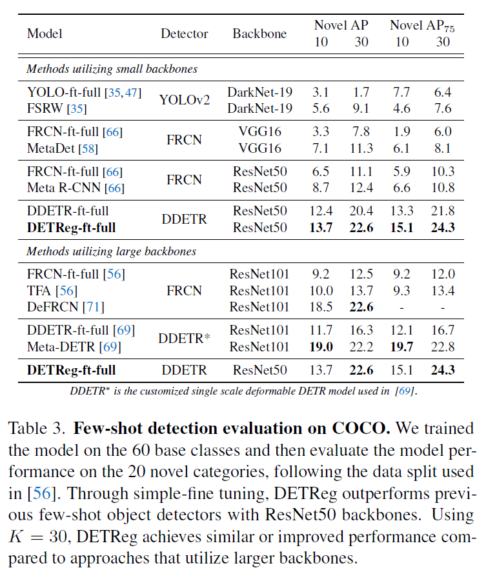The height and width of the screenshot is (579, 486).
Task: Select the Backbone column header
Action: pos(259,34)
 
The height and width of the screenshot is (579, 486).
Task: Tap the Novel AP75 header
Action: pos(420,25)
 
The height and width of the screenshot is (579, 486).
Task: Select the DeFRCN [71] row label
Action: pos(65,307)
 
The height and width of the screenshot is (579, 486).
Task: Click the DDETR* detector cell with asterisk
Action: pos(185,338)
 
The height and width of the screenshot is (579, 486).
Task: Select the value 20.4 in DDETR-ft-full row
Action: pos(361,211)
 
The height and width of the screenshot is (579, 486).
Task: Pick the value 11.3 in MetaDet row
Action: pos(361,148)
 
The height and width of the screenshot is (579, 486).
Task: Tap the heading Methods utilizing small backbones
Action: pos(112,68)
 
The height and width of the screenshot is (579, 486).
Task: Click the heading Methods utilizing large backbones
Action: pos(111,251)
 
